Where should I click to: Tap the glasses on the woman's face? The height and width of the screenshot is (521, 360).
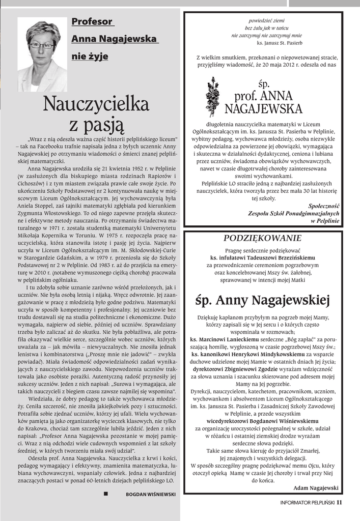click(x=41, y=45)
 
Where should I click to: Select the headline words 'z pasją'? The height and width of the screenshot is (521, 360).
click(x=96, y=125)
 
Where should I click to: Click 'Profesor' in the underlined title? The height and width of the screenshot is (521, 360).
click(x=92, y=22)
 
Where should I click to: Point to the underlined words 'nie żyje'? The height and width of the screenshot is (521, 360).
click(x=90, y=56)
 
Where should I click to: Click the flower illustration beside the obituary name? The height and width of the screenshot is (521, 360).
click(x=211, y=97)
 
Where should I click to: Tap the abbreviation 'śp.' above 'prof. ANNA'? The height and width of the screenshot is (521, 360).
click(x=263, y=83)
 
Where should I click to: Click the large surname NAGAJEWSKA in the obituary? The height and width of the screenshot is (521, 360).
click(x=263, y=108)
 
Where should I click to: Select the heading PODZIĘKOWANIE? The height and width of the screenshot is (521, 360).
click(x=263, y=238)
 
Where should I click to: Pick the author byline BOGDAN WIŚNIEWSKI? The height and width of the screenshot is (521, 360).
click(x=151, y=494)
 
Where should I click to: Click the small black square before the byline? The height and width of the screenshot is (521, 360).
click(x=105, y=494)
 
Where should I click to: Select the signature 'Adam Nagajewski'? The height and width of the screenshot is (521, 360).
click(x=316, y=487)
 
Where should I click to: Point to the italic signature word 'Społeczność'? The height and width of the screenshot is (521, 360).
click(x=324, y=206)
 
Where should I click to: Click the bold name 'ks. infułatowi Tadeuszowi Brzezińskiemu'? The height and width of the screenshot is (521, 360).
click(x=263, y=258)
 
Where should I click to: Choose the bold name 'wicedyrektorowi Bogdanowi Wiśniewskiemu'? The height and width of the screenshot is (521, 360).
click(x=262, y=421)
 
